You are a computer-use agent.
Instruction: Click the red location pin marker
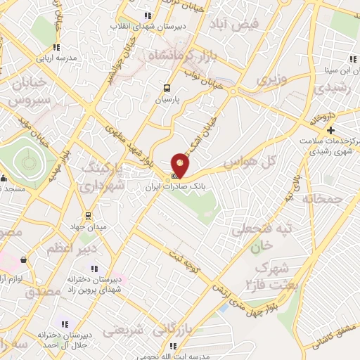coord(180,164)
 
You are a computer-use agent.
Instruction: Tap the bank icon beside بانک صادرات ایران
coord(174,176)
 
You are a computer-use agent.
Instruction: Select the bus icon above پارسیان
coord(167,89)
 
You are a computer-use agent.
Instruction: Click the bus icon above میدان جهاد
coord(88,215)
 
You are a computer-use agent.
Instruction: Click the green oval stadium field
coord(29,162)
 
